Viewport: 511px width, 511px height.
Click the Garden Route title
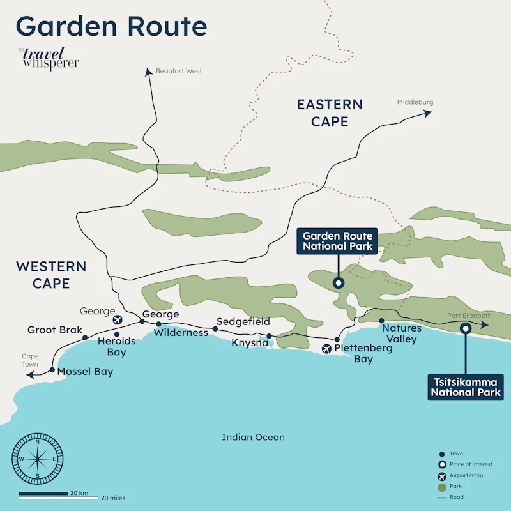[111, 27]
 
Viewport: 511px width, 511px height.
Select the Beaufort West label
[178, 71]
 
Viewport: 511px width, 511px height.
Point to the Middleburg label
[415, 102]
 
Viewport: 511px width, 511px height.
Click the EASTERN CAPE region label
[330, 112]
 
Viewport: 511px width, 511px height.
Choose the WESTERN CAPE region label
[51, 275]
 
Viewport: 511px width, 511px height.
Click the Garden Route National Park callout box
[337, 241]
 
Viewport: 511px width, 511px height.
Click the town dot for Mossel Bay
[52, 370]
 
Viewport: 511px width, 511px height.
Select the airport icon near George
[118, 319]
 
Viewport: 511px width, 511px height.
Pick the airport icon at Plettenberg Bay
[327, 349]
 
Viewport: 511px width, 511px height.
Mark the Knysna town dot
[269, 336]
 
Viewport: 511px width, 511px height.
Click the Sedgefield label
[243, 321]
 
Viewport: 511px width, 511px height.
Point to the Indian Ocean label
[253, 438]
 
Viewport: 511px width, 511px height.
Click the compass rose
[38, 459]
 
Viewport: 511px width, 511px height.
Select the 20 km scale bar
[43, 493]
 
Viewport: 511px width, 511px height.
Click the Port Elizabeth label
[469, 316]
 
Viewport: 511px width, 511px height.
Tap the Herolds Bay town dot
[117, 334]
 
